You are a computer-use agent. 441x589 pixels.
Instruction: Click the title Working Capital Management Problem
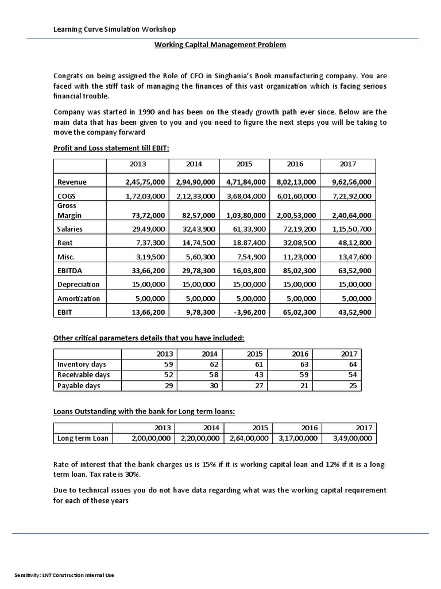[x=220, y=44]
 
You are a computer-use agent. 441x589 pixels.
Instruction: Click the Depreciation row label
[x=79, y=284]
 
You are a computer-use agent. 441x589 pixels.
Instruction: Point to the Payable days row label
[x=79, y=385]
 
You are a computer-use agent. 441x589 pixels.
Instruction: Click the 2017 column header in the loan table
[x=363, y=427]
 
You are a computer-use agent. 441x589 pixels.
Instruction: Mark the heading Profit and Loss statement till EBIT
[x=111, y=148]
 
